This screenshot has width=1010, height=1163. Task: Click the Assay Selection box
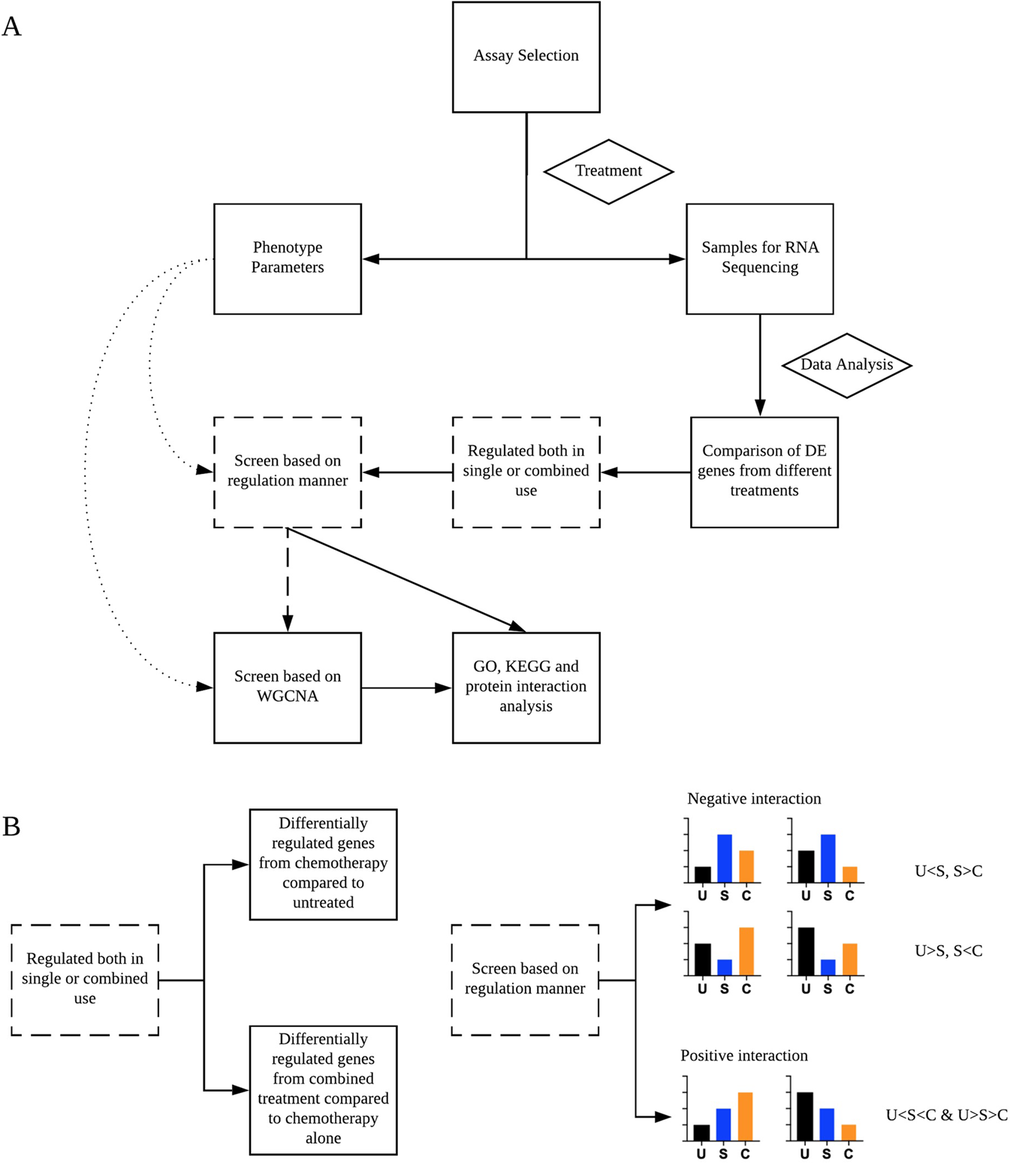[526, 57]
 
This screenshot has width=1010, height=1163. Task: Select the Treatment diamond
[608, 171]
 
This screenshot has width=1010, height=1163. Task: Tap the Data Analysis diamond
[846, 365]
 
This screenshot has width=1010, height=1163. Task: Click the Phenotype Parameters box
[288, 258]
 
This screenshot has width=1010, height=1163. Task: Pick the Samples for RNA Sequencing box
[759, 258]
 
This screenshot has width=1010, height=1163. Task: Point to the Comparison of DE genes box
[764, 472]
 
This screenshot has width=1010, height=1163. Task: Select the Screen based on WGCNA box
[288, 687]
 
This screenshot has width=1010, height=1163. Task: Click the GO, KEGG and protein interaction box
[526, 687]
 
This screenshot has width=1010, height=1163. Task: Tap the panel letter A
[12, 27]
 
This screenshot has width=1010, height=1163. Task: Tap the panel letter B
[12, 826]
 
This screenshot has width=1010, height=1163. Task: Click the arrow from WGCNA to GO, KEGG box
[406, 687]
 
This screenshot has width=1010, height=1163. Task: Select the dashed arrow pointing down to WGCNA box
[288, 578]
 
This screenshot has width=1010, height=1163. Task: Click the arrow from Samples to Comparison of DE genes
[760, 364]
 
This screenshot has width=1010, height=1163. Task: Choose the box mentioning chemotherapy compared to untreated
[323, 864]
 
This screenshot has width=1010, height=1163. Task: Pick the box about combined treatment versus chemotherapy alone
[323, 1089]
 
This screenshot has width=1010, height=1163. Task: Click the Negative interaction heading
[754, 799]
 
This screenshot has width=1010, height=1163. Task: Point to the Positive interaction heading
[744, 1056]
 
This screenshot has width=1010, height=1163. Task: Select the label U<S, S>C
[948, 871]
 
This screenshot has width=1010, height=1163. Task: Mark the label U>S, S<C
[948, 951]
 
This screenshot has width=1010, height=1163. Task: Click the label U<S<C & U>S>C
[946, 1116]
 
